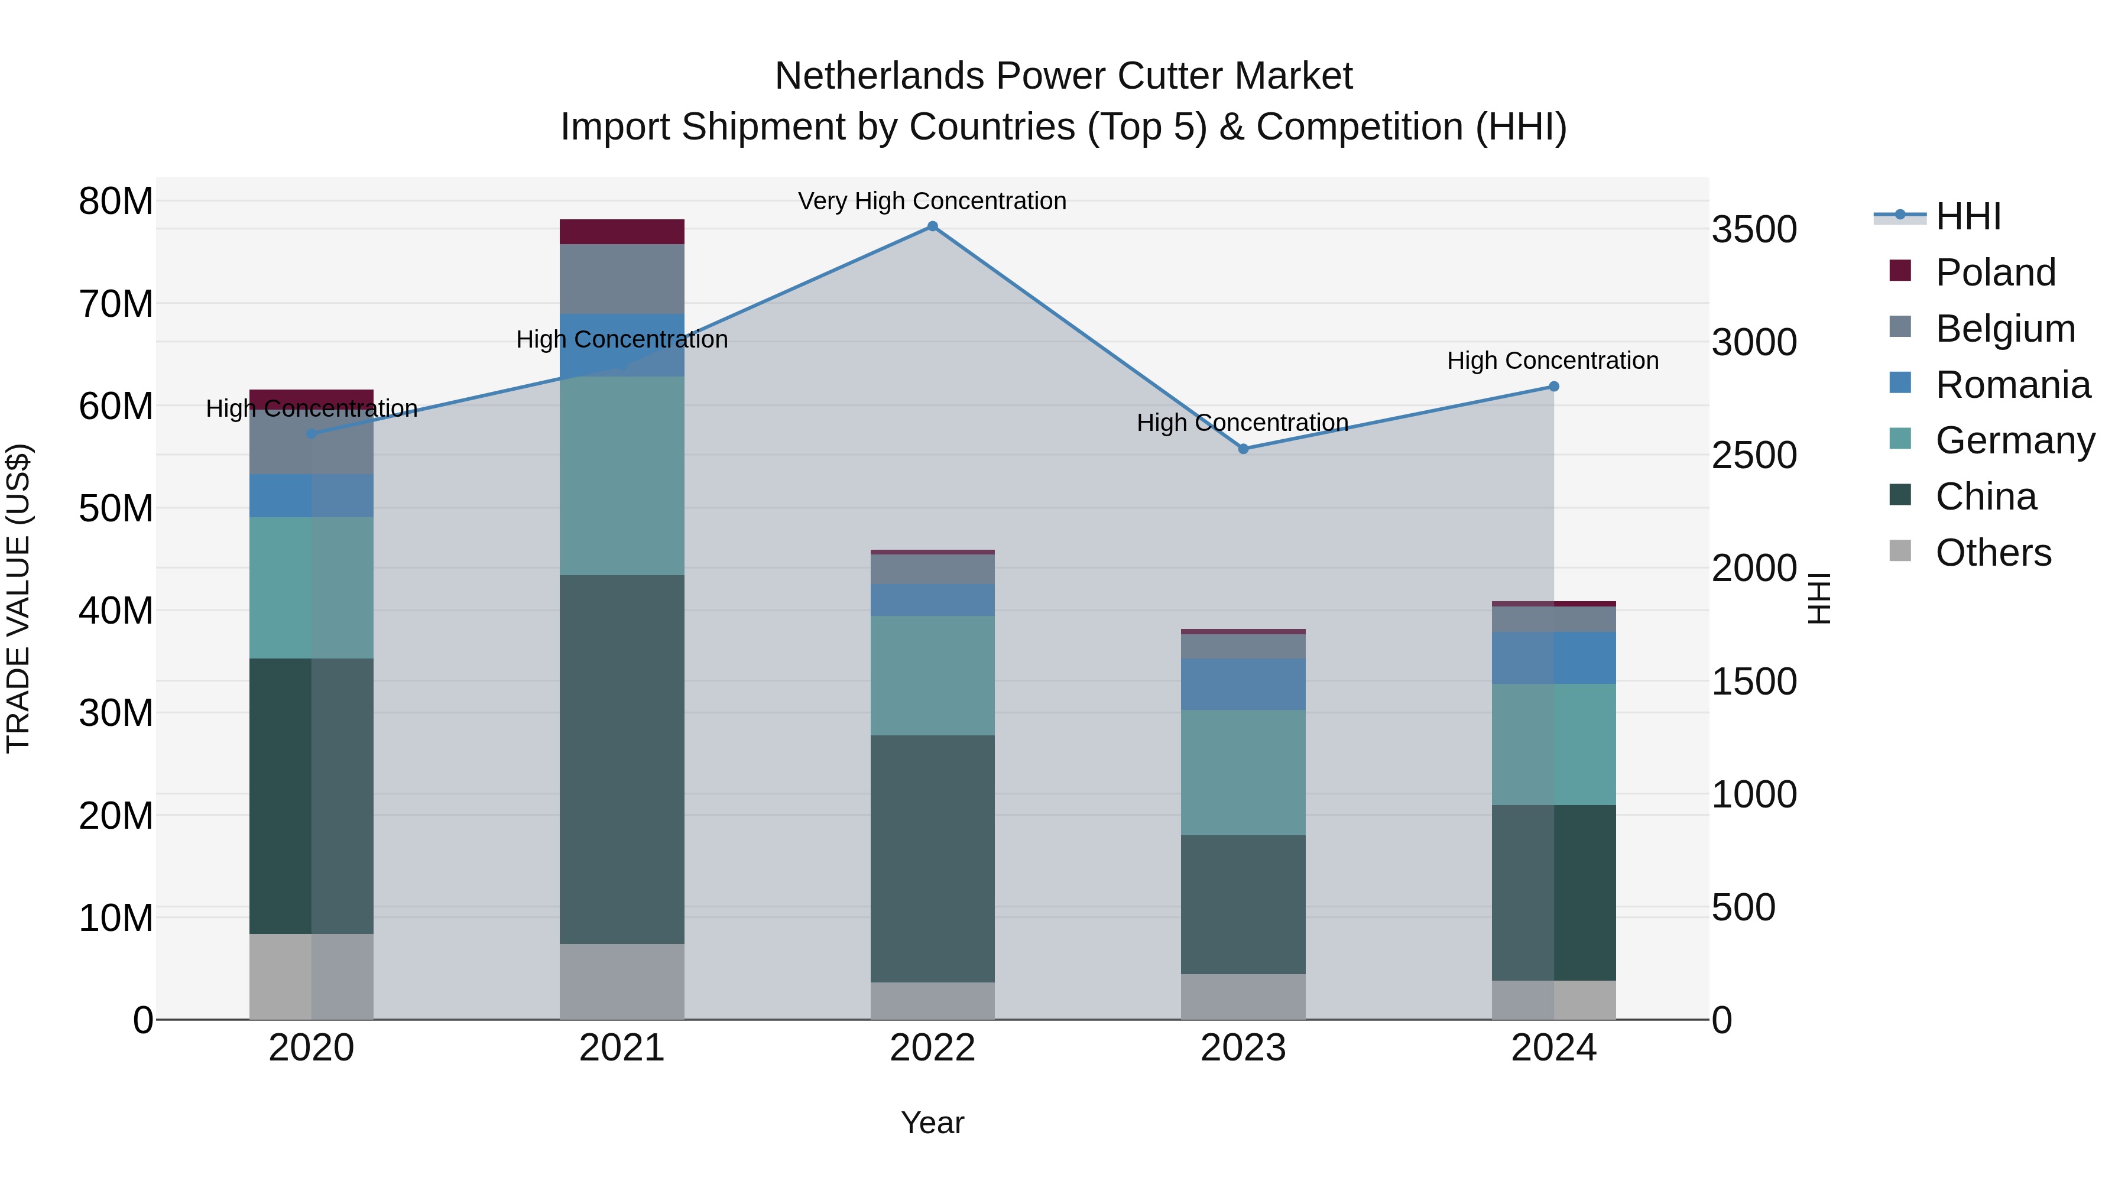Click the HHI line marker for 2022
tap(933, 226)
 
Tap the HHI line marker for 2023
tap(1243, 449)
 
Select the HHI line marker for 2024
tap(1554, 387)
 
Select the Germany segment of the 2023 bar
tap(1243, 773)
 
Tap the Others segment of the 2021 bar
tap(622, 981)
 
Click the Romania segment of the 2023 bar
tap(1243, 684)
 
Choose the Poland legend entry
tap(1995, 273)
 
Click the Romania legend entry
tap(2012, 385)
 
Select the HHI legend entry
tap(1968, 216)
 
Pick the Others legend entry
tap(1993, 553)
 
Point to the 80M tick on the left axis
tap(116, 202)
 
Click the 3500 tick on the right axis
tap(1754, 230)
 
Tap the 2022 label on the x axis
tap(933, 1048)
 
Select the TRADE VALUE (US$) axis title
tap(18, 598)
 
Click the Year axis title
tap(933, 1123)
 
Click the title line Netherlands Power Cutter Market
tap(1063, 76)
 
